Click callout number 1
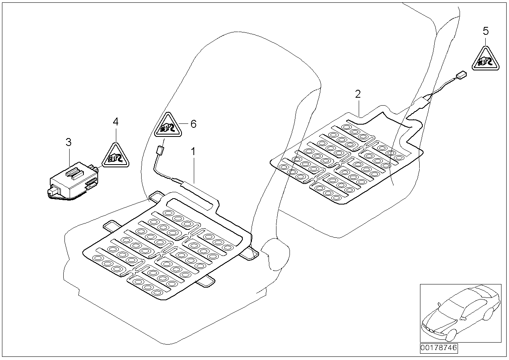pyautogui.click(x=193, y=151)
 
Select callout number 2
pyautogui.click(x=358, y=94)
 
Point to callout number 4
pyautogui.click(x=115, y=121)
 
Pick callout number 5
pyautogui.click(x=486, y=30)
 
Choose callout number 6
pyautogui.click(x=193, y=124)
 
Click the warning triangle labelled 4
pyautogui.click(x=116, y=157)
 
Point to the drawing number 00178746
pyautogui.click(x=438, y=348)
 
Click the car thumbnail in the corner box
pyautogui.click(x=458, y=313)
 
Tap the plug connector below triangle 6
pyautogui.click(x=160, y=151)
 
